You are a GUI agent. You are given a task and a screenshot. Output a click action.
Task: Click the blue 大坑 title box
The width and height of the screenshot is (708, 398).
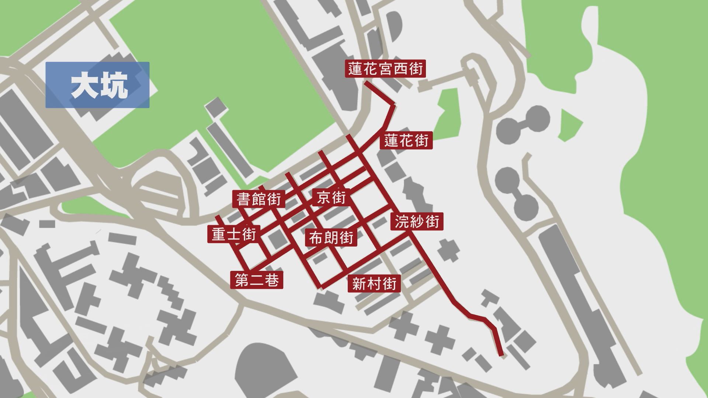click(97, 85)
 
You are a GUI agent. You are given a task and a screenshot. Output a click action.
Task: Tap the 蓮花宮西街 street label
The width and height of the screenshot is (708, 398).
click(385, 69)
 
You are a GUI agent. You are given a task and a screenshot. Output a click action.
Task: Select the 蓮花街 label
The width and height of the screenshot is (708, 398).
click(406, 140)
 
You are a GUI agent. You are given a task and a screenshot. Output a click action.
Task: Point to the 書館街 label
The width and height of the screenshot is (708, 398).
click(259, 199)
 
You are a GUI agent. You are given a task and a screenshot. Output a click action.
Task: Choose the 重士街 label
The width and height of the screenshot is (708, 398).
click(234, 234)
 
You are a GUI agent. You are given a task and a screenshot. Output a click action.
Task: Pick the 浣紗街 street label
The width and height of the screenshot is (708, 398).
click(417, 222)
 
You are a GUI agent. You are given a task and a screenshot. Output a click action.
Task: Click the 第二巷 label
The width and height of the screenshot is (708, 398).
click(257, 280)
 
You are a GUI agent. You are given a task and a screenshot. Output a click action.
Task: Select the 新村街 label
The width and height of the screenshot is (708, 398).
click(374, 284)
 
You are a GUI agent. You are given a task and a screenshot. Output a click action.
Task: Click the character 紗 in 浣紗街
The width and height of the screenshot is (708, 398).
click(417, 222)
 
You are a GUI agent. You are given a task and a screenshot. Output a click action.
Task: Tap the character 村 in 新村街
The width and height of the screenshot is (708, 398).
click(374, 284)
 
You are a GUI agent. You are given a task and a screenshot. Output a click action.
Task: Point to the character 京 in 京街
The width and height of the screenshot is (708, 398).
click(323, 198)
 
